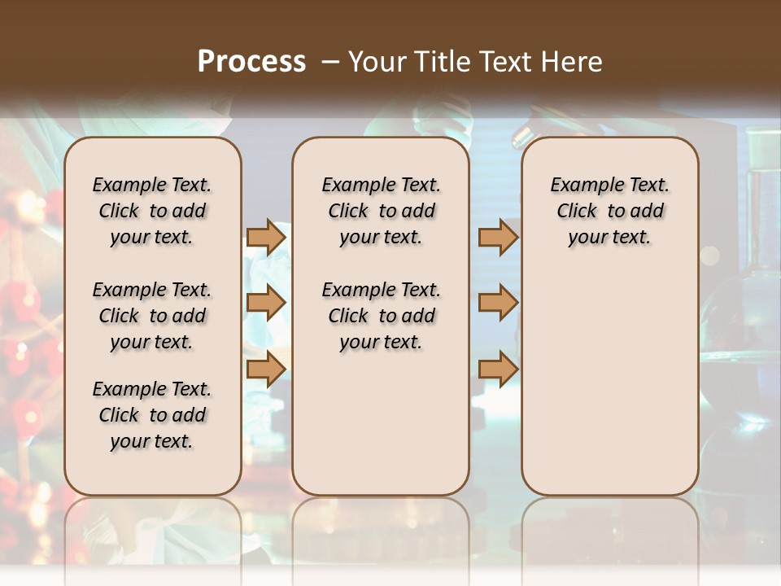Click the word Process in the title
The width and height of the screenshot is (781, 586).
click(251, 62)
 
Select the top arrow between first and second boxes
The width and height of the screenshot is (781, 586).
click(266, 237)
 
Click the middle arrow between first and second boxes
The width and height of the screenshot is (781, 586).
click(266, 303)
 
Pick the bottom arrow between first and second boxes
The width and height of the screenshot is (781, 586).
click(266, 368)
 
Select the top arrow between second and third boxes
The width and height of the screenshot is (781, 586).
click(498, 237)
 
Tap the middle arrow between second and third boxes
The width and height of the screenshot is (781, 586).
click(498, 303)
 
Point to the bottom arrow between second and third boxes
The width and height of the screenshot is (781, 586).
click(498, 368)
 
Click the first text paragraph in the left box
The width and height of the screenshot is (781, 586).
click(152, 211)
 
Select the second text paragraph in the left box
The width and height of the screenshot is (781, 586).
click(152, 316)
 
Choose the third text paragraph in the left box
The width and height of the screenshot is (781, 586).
click(152, 415)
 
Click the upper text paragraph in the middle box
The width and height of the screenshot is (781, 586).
click(381, 211)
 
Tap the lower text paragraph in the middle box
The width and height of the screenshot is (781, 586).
click(381, 316)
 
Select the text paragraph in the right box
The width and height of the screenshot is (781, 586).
click(610, 211)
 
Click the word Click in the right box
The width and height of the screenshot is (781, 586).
click(577, 212)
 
